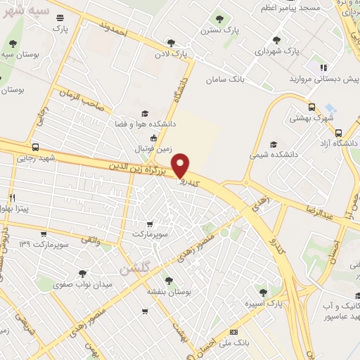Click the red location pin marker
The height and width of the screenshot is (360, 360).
181,166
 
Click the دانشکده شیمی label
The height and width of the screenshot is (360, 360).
274,153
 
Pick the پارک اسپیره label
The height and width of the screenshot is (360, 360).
263,304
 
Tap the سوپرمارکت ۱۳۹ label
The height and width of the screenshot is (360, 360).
49,243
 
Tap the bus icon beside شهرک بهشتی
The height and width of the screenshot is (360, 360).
311,107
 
